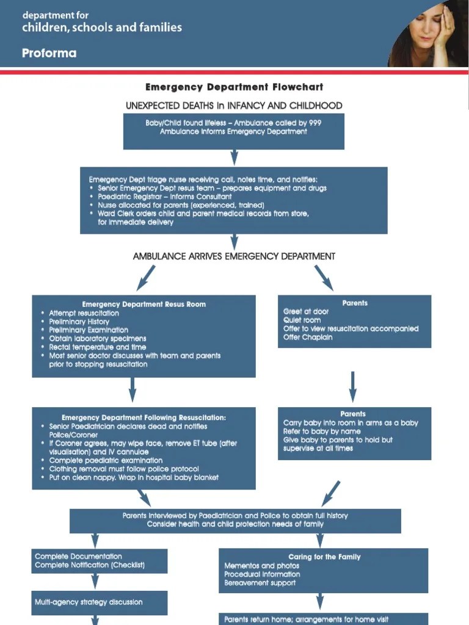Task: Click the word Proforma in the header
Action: [x=49, y=53]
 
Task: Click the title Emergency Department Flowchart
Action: [x=234, y=87]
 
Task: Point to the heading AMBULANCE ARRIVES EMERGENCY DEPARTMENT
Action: [x=234, y=256]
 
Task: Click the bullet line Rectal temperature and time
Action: [x=98, y=347]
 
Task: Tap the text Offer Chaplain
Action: [x=308, y=337]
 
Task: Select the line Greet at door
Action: [x=306, y=311]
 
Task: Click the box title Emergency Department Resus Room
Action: [x=144, y=304]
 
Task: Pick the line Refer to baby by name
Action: [x=322, y=431]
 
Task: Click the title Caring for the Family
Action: [x=324, y=557]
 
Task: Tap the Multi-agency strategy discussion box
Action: [x=100, y=602]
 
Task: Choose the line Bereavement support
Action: [x=260, y=583]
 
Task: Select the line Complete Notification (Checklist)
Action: [x=90, y=565]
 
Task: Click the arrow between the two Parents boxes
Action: [x=353, y=386]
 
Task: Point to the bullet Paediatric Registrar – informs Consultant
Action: [x=164, y=197]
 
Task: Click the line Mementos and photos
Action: [x=261, y=566]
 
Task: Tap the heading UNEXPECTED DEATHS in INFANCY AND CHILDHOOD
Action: [x=234, y=106]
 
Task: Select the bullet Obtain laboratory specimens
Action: [x=98, y=338]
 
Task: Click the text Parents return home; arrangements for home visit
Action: [x=306, y=619]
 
